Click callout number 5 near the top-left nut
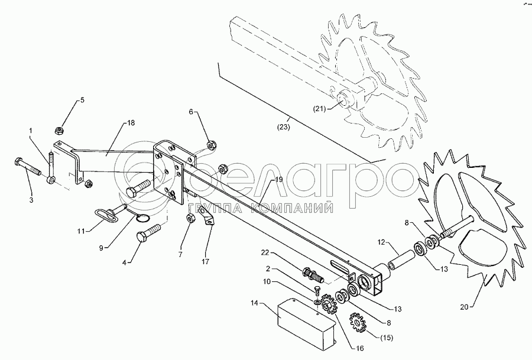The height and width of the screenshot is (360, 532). coord(82,100)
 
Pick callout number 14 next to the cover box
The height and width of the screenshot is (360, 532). coord(255,303)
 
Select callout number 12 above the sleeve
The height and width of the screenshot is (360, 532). coord(382,242)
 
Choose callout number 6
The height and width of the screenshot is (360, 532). coord(191,111)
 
